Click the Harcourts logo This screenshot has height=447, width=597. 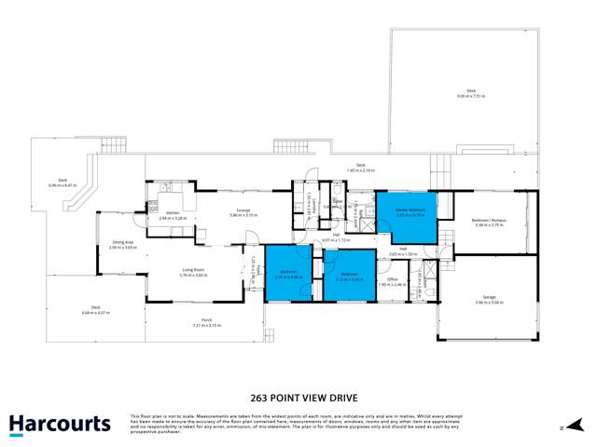pos(60,425)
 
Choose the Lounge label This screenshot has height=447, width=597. pos(243,213)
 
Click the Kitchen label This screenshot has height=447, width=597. pos(174,215)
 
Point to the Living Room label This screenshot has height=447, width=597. pos(194,273)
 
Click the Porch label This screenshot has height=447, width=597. pos(206,323)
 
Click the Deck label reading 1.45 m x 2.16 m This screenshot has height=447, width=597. pos(360,169)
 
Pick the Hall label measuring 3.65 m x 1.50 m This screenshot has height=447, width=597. pos(408,251)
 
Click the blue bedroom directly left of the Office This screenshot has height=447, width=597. pos(350,276)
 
